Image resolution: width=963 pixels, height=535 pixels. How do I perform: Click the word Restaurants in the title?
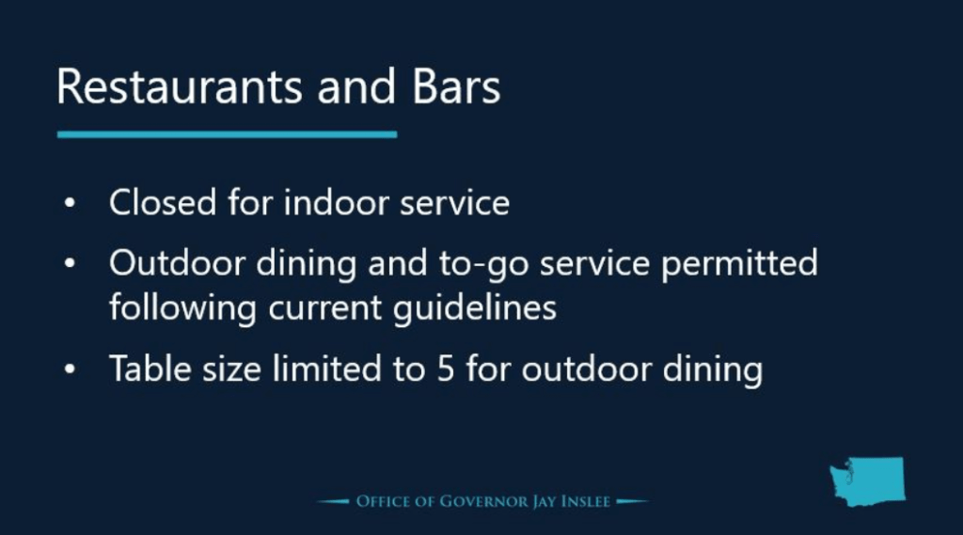(180, 87)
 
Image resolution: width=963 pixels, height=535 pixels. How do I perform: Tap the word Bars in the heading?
(456, 87)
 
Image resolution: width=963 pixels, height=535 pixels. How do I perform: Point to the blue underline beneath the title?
(228, 134)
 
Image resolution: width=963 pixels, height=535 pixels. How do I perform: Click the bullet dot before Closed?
(70, 202)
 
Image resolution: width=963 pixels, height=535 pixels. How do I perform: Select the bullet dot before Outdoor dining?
(70, 263)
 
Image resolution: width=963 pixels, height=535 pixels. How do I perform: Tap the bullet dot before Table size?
(70, 369)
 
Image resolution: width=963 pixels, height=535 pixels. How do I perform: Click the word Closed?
(163, 202)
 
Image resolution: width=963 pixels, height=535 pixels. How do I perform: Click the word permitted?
(739, 264)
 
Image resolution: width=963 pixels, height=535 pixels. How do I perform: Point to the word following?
(182, 308)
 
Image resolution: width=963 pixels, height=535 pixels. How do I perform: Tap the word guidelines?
(475, 308)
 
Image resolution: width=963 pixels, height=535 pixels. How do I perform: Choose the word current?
(324, 308)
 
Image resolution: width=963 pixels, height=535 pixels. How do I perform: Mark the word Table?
(150, 369)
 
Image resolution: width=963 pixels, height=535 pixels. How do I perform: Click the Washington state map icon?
(867, 481)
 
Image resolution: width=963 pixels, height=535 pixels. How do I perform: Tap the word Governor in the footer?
(483, 501)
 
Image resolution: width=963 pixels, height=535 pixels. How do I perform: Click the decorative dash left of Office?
(333, 501)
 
